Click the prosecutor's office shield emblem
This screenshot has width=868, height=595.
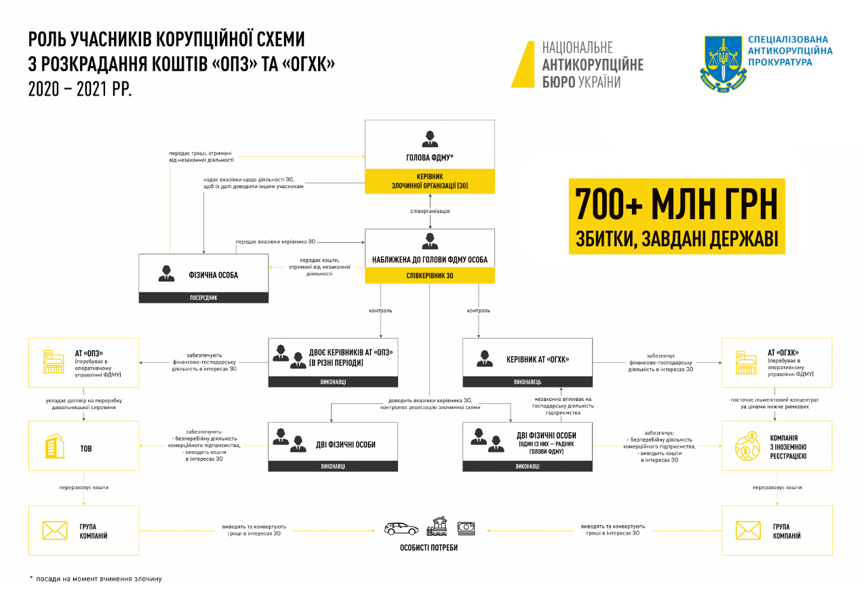pos(723,63)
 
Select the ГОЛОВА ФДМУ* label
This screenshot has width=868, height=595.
pos(430,159)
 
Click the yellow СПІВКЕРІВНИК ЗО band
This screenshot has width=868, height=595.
pos(430,275)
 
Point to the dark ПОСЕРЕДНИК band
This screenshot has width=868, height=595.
pos(203,297)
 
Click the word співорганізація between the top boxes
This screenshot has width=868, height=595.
pos(430,211)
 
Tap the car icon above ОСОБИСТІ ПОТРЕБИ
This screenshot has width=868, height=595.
pos(401,528)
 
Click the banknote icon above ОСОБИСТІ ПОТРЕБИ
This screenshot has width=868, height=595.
pos(466,527)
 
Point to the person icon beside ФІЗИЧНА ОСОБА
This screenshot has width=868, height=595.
pos(166,273)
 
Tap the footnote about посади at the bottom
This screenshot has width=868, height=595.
pos(96,579)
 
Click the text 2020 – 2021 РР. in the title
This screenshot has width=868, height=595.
pos(80,89)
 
